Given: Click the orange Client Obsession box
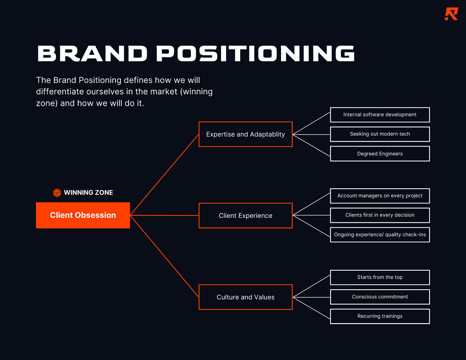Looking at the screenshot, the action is (83, 215).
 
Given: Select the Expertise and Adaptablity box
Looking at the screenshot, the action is (246, 134).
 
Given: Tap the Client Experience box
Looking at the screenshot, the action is (246, 215).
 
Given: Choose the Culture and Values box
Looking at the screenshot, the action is (246, 297).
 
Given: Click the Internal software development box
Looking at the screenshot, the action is (380, 115).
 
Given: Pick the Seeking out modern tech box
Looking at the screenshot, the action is (380, 134).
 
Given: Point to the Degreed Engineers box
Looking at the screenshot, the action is (380, 154).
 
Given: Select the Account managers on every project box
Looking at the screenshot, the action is (380, 196).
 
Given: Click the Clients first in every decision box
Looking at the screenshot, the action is (380, 215).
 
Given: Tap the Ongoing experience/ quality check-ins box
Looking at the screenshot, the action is (380, 235).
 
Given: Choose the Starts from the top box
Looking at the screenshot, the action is (380, 278).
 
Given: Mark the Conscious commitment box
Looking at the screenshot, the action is (380, 297).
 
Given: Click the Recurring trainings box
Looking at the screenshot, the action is (380, 316).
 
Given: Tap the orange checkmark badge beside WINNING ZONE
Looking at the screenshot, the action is (57, 193).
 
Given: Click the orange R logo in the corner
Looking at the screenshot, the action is (451, 14).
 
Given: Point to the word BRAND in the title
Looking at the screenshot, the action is (92, 53).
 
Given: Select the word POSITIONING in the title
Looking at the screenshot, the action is (256, 53).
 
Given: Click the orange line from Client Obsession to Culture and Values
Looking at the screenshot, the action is (165, 256).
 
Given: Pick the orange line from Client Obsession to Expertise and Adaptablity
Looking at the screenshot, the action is (165, 175).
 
